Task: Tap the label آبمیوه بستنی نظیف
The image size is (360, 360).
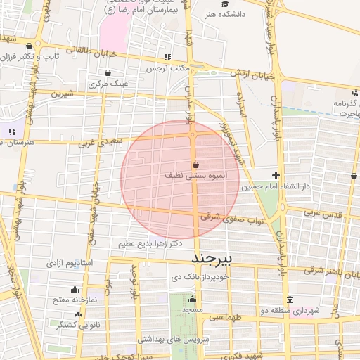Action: [x=194, y=174]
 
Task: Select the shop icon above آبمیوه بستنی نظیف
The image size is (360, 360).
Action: [x=195, y=163]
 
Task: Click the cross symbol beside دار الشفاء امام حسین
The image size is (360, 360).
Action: [x=276, y=175]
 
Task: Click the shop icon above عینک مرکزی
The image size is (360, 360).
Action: [x=107, y=72]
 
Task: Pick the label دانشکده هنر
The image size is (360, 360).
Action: [x=223, y=13]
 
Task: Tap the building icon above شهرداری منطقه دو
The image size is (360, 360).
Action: [x=290, y=300]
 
